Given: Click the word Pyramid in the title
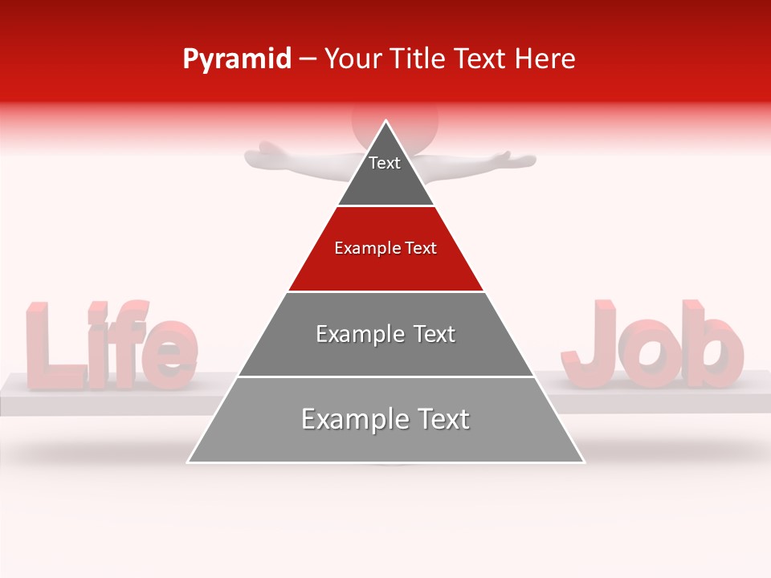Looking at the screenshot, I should pos(236,59).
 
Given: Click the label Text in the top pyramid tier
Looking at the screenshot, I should pos(385,163).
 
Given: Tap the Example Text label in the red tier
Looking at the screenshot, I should pos(385,248).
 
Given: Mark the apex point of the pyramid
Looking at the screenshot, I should pos(386,121).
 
